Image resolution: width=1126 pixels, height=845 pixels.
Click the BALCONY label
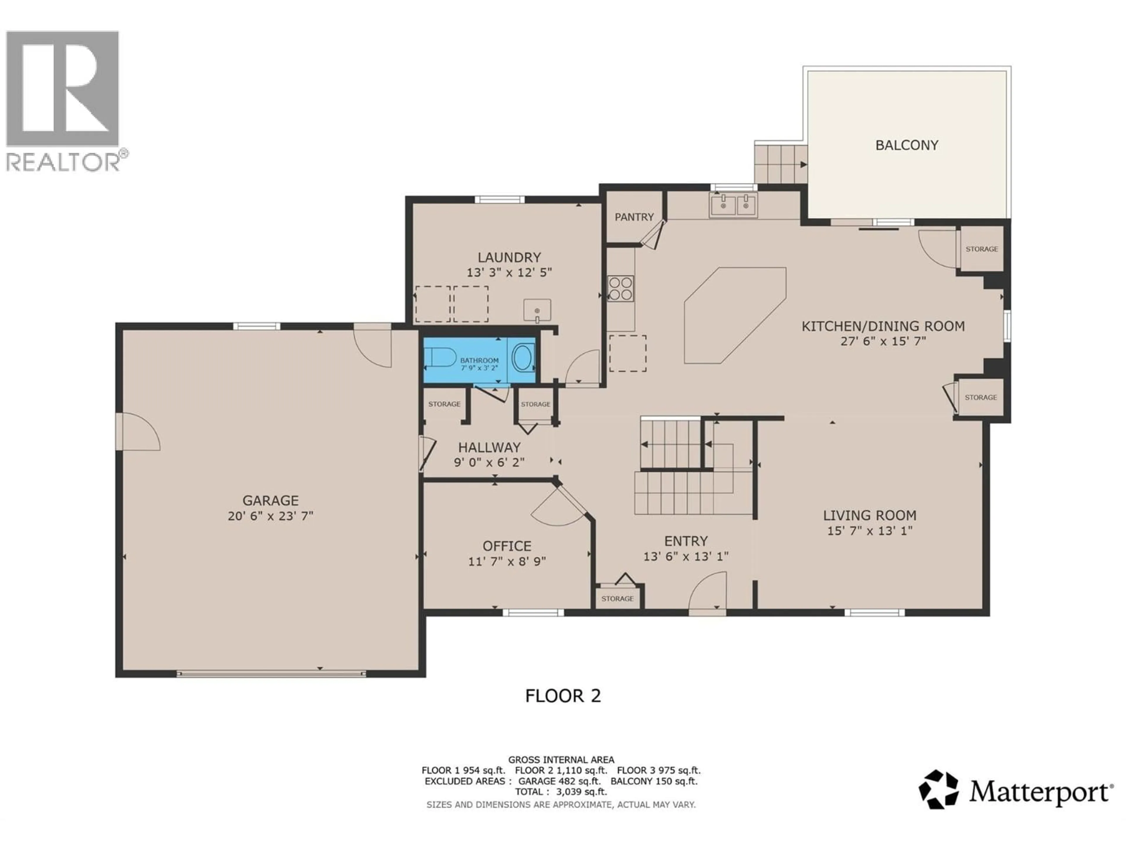click(907, 145)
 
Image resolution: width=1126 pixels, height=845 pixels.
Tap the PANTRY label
click(634, 217)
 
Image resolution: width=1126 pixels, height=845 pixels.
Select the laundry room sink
click(537, 310)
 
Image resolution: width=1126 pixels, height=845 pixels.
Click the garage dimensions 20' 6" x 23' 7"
click(270, 516)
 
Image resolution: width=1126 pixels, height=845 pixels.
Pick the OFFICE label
click(507, 546)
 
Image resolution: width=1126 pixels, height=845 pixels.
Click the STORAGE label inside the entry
click(618, 599)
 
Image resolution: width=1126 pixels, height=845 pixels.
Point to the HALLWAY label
click(489, 447)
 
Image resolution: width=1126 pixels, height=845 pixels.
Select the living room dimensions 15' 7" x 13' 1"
click(869, 530)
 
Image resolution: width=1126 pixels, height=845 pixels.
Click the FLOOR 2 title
click(563, 696)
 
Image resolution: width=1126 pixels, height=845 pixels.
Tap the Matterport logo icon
click(938, 790)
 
